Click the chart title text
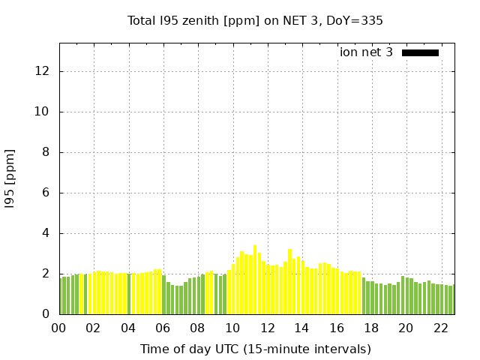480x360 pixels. click(x=255, y=21)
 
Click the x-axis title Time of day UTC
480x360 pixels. click(x=255, y=349)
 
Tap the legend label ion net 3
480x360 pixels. click(x=366, y=52)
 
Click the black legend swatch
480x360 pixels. click(x=420, y=52)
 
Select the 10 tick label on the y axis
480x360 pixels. click(x=43, y=112)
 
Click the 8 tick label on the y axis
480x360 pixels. click(x=46, y=152)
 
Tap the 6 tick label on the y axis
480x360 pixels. click(x=46, y=193)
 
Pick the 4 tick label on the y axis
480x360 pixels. click(x=46, y=233)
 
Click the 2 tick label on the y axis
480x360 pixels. click(x=46, y=274)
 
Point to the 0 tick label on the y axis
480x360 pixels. click(x=46, y=314)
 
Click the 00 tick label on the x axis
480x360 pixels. click(x=59, y=328)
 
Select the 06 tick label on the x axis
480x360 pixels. click(x=163, y=328)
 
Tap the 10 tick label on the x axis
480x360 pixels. click(x=232, y=328)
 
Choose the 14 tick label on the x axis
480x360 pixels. click(x=301, y=328)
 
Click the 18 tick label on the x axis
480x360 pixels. click(x=371, y=328)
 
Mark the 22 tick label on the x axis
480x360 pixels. click(x=440, y=328)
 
